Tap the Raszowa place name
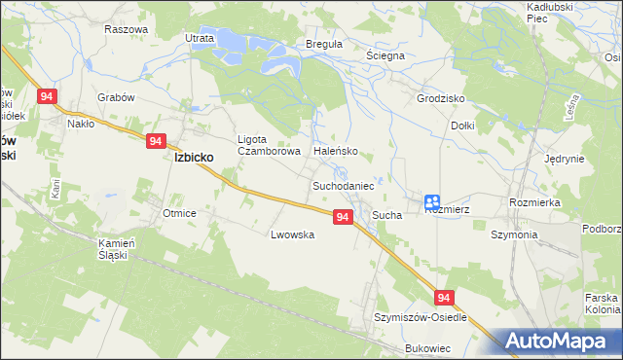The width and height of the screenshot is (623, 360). pyautogui.click(x=126, y=29)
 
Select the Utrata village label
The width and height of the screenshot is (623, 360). pyautogui.click(x=199, y=38)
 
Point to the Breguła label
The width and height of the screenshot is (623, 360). pyautogui.click(x=297, y=45)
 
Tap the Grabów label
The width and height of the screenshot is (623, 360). pyautogui.click(x=115, y=97)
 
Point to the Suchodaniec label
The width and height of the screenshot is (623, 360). pyautogui.click(x=344, y=184)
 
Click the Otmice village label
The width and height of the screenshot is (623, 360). pyautogui.click(x=180, y=213)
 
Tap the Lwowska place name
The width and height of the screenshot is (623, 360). pyautogui.click(x=292, y=234)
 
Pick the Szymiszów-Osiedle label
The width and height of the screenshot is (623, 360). pyautogui.click(x=421, y=317)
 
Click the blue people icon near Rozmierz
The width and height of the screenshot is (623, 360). pyautogui.click(x=432, y=201)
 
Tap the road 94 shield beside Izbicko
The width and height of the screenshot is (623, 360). pyautogui.click(x=156, y=141)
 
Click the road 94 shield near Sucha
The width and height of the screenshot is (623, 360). pyautogui.click(x=342, y=217)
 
